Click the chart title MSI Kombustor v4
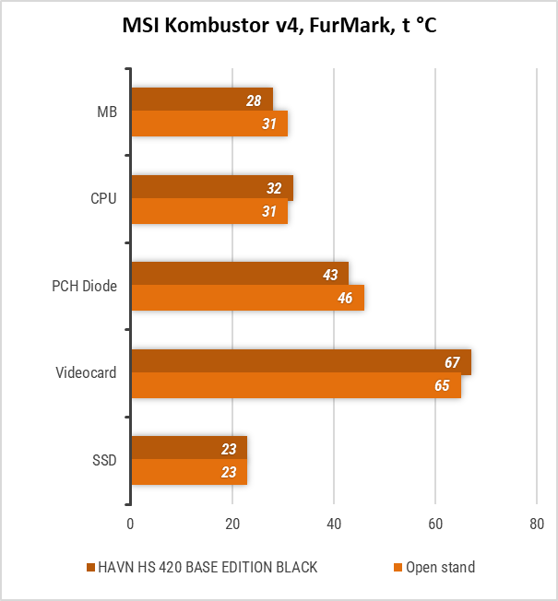(279, 26)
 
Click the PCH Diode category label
(84, 286)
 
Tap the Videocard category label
(88, 373)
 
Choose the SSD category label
(105, 460)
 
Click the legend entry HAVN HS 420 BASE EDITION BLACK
(201, 567)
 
